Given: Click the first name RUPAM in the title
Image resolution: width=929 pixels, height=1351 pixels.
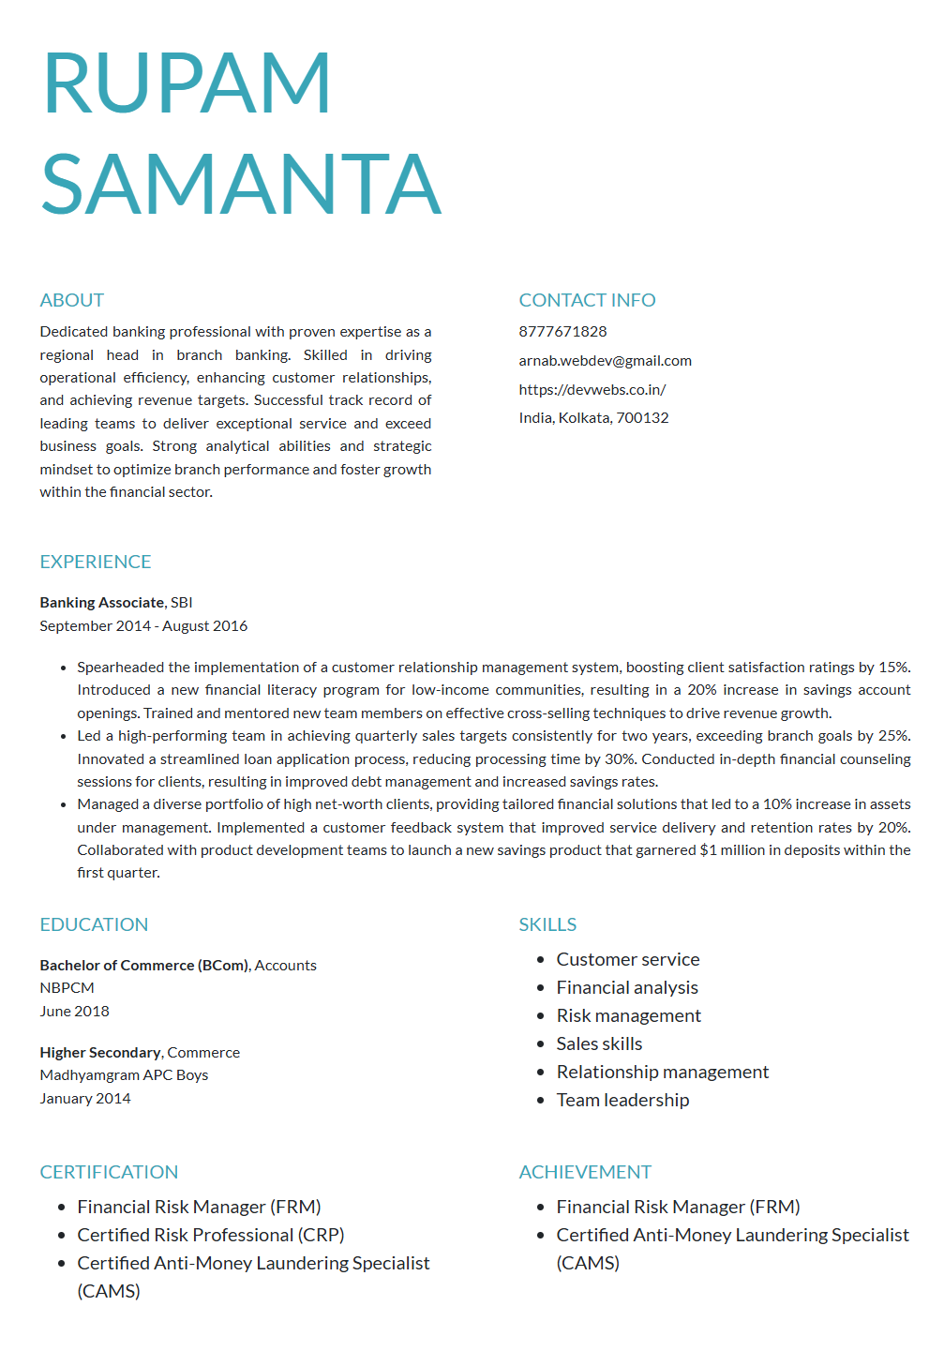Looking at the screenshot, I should [187, 83].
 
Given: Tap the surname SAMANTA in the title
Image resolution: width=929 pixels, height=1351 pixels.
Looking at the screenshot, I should [241, 185].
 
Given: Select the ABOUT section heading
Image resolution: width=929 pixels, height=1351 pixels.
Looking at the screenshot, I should [72, 300].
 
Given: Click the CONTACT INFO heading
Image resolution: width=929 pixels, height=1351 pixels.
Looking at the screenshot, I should [587, 300].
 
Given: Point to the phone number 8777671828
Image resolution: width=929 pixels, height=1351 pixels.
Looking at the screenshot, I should [562, 332].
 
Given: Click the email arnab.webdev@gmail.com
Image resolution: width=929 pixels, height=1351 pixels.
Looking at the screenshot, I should [605, 361].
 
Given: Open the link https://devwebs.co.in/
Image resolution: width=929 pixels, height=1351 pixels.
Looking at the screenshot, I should [592, 390].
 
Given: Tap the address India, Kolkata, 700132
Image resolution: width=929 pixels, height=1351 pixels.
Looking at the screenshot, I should [593, 418].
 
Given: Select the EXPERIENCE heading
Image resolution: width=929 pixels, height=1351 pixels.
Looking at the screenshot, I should [96, 562].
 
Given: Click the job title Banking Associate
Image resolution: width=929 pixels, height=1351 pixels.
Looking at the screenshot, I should [102, 603].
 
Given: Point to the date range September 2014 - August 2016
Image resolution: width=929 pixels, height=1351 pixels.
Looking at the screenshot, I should [143, 626].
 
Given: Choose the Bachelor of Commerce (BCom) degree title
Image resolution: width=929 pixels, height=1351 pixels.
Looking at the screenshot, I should [143, 966].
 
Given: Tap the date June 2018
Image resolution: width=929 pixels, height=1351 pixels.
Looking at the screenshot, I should [74, 1012].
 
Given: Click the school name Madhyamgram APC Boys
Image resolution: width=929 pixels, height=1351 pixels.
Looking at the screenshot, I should [124, 1075].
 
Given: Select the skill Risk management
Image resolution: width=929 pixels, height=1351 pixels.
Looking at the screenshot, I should [628, 1016].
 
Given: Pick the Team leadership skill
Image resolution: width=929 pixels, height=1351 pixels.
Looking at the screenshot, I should [622, 1101].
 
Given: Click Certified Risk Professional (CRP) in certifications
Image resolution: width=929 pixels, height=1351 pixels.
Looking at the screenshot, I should [211, 1236].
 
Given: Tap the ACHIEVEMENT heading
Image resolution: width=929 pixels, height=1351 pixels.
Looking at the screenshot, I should [585, 1172].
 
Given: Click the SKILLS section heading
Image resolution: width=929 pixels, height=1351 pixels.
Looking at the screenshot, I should [547, 924].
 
